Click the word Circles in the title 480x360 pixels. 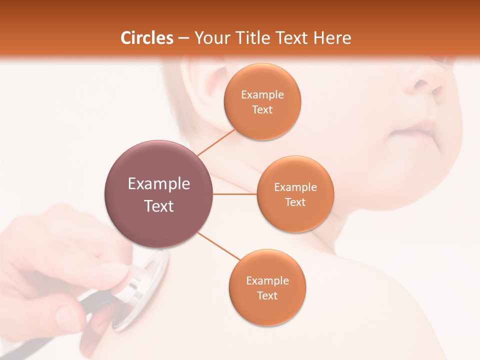147,38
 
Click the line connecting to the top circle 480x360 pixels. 216,142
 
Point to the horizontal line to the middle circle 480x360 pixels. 235,194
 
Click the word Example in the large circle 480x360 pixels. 159,184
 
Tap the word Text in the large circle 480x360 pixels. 159,206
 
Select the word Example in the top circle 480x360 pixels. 262,95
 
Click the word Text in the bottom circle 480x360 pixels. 267,295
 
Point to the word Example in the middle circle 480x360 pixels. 295,187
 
